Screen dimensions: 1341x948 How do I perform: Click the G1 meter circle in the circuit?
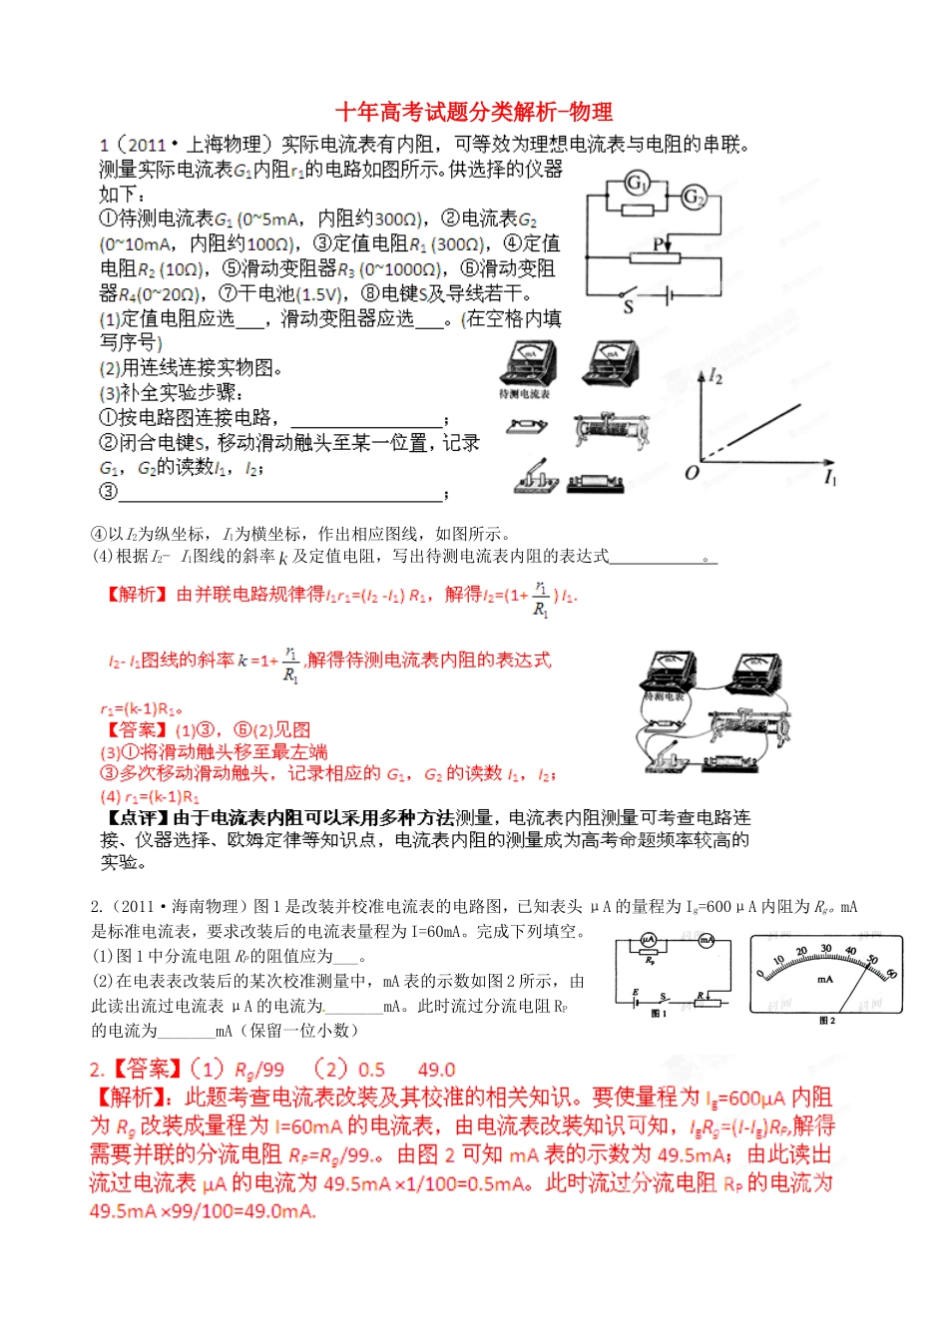point(637,184)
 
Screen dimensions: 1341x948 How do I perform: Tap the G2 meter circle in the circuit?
point(694,198)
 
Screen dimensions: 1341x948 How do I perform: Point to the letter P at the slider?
point(658,243)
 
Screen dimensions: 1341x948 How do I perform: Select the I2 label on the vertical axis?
point(715,376)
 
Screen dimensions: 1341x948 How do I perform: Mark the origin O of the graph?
point(692,472)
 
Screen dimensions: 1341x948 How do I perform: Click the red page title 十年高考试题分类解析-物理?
point(473,112)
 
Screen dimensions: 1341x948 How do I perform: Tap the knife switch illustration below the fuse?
point(537,478)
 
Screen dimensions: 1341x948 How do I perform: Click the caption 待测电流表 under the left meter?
point(526,394)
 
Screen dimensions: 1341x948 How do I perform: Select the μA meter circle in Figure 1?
point(648,940)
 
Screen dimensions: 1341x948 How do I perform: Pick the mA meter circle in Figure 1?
point(707,940)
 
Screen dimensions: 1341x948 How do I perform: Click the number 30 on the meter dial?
point(826,949)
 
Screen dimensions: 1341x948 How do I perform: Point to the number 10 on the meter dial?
point(778,961)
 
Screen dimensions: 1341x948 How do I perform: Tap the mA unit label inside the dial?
point(825,979)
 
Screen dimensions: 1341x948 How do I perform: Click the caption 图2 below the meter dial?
point(826,1021)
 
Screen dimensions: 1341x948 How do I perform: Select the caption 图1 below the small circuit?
point(659,1014)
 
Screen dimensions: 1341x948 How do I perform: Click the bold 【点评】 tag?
point(137,818)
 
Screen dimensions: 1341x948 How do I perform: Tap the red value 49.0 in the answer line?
point(436,1070)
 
